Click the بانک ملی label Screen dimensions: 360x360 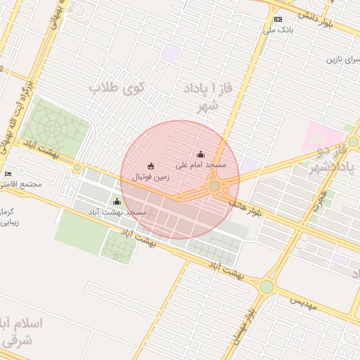click(278, 30)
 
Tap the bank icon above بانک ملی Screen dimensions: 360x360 click(278, 20)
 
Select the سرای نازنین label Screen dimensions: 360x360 click(342, 59)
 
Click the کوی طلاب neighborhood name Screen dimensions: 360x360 click(116, 89)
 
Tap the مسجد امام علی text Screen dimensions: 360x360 click(202, 165)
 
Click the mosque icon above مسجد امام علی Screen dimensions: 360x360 click(201, 154)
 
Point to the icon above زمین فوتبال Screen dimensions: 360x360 click(150, 167)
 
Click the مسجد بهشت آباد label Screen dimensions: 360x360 click(117, 212)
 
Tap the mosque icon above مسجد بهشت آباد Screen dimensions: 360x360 click(117, 202)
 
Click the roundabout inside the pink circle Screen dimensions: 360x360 click(214, 186)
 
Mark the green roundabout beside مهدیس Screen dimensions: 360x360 click(266, 286)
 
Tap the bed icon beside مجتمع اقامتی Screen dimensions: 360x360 click(8, 174)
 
